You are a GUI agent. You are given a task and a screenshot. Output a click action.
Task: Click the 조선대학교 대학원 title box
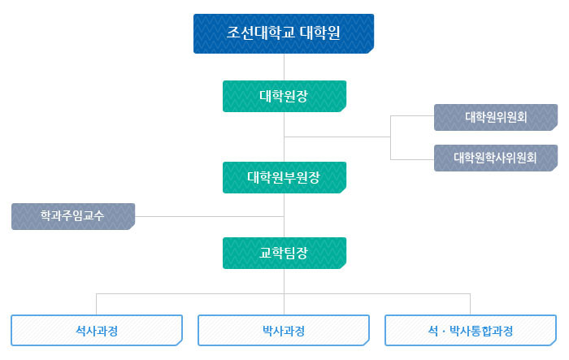coord(283,33)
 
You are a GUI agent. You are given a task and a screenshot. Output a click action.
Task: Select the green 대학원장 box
coord(284,96)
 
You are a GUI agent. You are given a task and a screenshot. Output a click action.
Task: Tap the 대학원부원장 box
coord(284,177)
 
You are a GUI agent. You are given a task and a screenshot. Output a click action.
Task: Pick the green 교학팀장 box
coord(284,253)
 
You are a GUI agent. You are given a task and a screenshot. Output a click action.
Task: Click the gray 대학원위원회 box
coord(496,117)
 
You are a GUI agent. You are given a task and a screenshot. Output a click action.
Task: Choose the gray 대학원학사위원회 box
coord(496,158)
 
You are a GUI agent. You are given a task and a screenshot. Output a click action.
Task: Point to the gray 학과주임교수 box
coord(73,216)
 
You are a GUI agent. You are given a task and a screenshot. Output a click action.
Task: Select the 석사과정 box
coord(96,331)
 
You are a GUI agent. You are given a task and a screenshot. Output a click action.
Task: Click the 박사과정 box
coord(284,331)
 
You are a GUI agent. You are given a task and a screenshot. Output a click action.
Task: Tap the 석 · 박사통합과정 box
coord(471,331)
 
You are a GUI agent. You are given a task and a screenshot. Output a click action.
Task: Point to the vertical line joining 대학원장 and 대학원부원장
coord(284,137)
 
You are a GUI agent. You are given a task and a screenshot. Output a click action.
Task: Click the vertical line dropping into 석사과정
coord(97,304)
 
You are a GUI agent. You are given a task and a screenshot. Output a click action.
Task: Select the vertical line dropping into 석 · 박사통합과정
coord(471,304)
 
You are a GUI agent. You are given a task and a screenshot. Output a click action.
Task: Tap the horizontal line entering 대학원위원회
coord(412,117)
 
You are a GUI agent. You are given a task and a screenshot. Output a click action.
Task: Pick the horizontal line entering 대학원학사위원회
coord(412,158)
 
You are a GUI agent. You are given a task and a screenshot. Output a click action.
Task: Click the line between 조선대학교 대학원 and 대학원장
coord(284,67)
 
